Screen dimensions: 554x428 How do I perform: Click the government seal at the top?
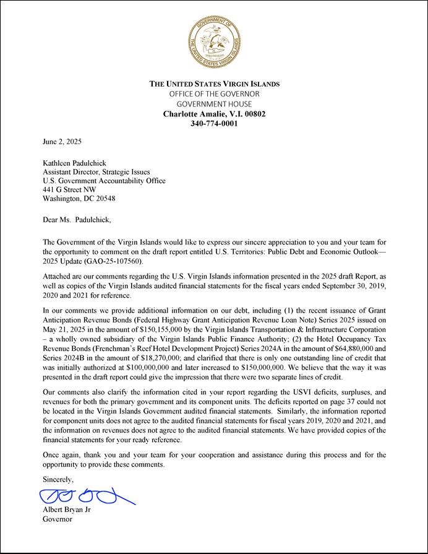(x=214, y=41)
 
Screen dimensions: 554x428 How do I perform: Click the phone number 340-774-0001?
(x=214, y=123)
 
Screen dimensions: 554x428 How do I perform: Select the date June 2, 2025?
(x=62, y=142)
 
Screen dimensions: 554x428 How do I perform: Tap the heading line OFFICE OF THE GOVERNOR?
(x=214, y=93)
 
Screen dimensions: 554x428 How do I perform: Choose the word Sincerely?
(x=58, y=479)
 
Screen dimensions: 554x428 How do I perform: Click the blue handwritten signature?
(x=86, y=496)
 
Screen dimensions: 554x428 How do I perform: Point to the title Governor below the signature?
(x=57, y=519)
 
